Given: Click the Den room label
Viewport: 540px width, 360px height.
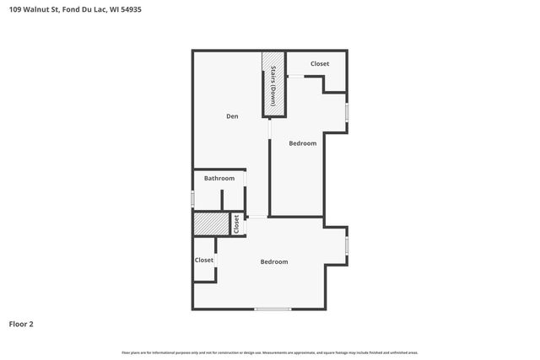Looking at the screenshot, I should click(231, 116).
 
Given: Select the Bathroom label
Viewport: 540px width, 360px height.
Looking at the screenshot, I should click(219, 178).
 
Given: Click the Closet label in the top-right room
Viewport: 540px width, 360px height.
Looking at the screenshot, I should click(320, 64).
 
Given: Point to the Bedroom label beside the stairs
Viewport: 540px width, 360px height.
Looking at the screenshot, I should click(302, 143).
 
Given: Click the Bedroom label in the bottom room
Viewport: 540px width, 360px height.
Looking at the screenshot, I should click(273, 261).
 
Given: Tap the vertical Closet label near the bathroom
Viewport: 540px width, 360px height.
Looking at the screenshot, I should click(237, 224).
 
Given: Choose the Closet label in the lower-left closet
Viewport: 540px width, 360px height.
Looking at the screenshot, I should click(204, 260).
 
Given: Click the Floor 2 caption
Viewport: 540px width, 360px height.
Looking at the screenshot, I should click(21, 323).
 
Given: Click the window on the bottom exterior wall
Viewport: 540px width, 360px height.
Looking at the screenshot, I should click(273, 309).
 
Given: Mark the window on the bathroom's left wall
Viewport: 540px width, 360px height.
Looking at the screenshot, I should click(193, 199).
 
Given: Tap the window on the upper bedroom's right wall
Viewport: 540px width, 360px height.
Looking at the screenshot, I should click(347, 112).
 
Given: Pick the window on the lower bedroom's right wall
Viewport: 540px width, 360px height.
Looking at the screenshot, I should click(347, 245).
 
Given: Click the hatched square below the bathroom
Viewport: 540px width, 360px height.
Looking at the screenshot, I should click(211, 224).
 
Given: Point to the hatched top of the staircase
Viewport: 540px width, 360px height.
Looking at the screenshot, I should click(273, 63).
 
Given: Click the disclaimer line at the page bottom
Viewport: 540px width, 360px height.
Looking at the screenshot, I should click(270, 352).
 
